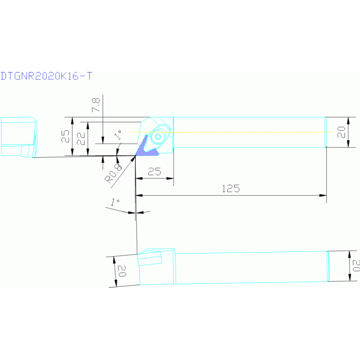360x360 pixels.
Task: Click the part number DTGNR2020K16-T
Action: click(x=46, y=76)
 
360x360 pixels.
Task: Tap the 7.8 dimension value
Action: click(x=96, y=105)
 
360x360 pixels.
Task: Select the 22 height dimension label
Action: click(x=81, y=138)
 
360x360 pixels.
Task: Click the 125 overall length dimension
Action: click(x=231, y=189)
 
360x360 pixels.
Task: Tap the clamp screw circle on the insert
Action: click(x=158, y=137)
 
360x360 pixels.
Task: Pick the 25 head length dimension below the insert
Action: click(x=154, y=171)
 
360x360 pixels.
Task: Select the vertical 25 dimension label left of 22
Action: click(x=65, y=136)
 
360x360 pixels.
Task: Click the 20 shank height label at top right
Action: click(x=341, y=132)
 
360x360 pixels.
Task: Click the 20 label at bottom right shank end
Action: click(x=356, y=266)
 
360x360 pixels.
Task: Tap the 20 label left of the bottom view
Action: click(x=122, y=271)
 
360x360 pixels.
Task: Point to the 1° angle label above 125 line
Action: click(x=115, y=202)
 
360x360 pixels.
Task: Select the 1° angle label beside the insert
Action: click(x=118, y=135)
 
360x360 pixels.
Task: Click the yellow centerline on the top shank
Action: click(x=232, y=132)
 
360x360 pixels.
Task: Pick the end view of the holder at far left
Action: click(x=19, y=138)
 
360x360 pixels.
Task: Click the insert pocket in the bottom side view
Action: click(x=149, y=258)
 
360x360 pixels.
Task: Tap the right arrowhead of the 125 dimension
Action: click(x=323, y=195)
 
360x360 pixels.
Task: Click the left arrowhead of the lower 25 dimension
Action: click(x=139, y=178)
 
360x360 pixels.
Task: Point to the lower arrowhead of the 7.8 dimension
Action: click(x=103, y=140)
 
